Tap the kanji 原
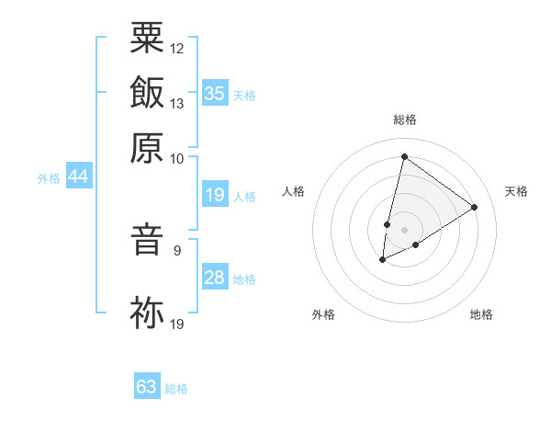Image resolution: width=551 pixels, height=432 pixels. tap(147, 146)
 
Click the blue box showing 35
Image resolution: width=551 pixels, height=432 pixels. tap(215, 93)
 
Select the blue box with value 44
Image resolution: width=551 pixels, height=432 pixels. tap(79, 177)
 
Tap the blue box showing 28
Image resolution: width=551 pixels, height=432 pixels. tap(215, 278)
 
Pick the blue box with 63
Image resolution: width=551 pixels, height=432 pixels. tap(147, 387)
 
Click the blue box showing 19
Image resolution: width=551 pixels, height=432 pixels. tap(215, 195)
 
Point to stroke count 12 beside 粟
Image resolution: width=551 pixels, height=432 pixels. tap(177, 48)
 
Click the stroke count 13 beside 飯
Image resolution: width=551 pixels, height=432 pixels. tap(177, 104)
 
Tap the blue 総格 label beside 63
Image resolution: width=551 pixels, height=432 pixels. tap(176, 389)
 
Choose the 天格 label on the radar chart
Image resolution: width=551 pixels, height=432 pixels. tap(516, 191)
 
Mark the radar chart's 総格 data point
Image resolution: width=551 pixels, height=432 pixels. tap(404, 156)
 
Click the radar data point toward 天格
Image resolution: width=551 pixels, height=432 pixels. tap(475, 207)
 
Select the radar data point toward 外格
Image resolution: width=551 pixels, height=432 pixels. tap(382, 261)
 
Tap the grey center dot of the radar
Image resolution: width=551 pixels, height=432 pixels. tap(404, 230)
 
